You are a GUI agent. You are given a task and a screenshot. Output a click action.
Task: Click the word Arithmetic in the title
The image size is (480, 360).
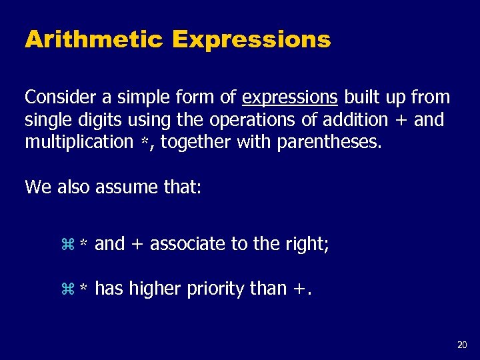(x=93, y=40)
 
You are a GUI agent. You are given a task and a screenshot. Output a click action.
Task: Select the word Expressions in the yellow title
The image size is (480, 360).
(x=251, y=40)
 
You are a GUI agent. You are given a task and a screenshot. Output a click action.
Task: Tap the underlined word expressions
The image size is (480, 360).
(x=290, y=97)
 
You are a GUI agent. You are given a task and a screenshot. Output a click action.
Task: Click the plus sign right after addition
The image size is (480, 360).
(x=402, y=121)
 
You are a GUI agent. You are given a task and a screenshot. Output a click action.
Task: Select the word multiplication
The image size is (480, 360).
(x=79, y=142)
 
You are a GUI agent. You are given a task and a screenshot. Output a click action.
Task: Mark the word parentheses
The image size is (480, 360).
(x=337, y=142)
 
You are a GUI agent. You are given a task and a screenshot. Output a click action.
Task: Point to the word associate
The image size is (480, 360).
(x=188, y=244)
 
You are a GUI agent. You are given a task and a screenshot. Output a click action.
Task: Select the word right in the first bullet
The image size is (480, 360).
(x=309, y=244)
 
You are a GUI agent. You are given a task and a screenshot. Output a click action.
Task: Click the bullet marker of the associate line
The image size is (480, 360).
(x=66, y=245)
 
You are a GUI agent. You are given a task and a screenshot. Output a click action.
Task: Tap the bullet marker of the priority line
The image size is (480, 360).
(x=66, y=289)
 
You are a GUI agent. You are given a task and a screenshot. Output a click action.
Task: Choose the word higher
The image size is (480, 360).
(x=152, y=289)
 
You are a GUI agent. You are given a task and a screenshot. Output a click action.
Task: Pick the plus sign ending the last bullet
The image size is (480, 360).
(x=300, y=290)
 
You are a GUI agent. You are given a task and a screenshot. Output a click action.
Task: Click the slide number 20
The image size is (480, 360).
(x=462, y=345)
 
